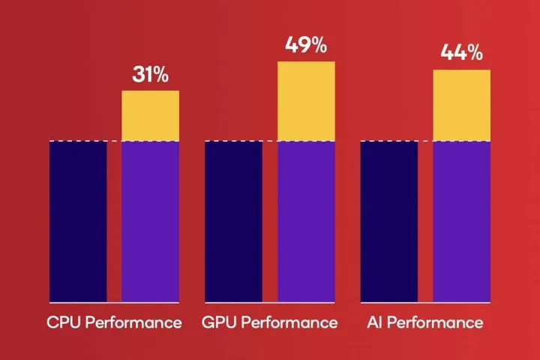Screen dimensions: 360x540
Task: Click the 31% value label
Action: coord(150,75)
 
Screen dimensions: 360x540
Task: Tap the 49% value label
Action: coord(306,45)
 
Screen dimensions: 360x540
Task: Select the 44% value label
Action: coord(461,53)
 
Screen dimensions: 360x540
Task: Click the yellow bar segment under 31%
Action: coord(150,115)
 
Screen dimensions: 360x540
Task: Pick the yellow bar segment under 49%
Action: coord(306,101)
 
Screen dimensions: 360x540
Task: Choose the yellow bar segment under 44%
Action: coord(461,105)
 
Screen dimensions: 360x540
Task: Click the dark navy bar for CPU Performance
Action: coord(78,221)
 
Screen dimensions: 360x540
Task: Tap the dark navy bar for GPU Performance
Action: coord(233,221)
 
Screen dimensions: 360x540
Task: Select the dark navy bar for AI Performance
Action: coord(388,221)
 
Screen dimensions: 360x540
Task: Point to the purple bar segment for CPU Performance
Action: coord(150,221)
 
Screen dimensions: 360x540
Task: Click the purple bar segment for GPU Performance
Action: coord(306,221)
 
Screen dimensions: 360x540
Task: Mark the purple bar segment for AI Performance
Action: coord(461,221)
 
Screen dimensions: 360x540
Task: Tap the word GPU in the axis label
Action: coord(219,323)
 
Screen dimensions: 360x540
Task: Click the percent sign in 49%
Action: coord(317,45)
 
